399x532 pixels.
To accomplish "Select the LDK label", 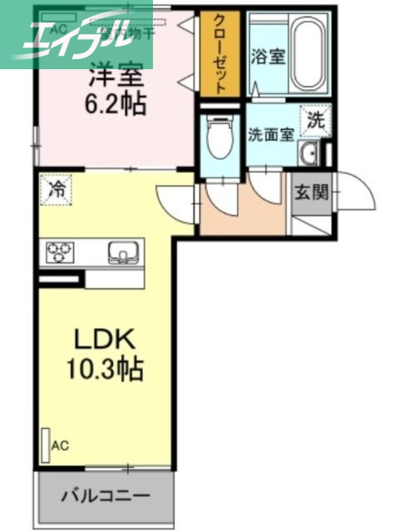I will click(104, 340).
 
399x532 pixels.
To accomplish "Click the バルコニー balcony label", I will click(106, 495).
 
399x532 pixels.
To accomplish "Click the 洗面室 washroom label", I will click(271, 134).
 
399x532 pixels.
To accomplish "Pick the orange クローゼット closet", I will click(220, 54).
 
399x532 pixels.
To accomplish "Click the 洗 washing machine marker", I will click(315, 121).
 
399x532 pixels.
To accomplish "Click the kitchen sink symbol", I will click(122, 253).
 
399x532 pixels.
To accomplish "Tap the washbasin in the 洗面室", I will click(309, 154).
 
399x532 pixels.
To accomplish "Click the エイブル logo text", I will click(76, 35).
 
